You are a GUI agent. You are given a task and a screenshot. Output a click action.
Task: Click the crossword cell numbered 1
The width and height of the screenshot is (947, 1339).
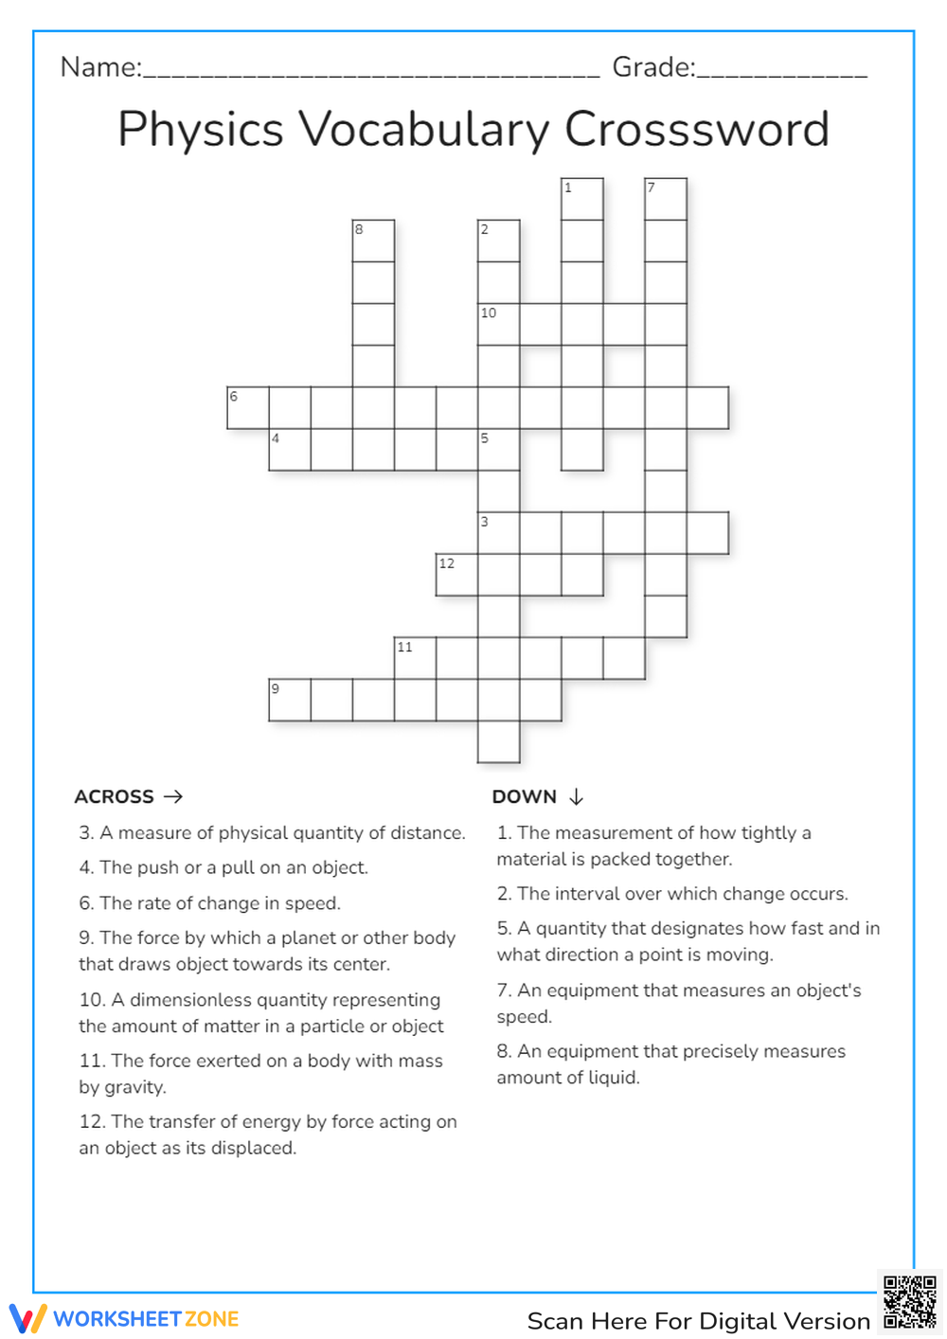coord(582,199)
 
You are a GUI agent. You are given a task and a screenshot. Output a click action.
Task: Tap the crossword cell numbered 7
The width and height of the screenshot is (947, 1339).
coord(666,199)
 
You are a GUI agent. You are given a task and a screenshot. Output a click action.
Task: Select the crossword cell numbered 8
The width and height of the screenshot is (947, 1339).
coord(373,241)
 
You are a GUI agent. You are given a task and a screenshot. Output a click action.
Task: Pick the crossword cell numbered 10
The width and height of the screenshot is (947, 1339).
coord(499,324)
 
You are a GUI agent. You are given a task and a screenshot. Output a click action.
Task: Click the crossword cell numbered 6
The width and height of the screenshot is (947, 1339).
coord(248,407)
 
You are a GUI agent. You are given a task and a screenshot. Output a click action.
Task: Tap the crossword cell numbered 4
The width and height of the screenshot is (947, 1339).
coord(290,449)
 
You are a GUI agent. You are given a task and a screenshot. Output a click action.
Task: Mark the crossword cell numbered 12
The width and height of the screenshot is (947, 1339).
coord(456,575)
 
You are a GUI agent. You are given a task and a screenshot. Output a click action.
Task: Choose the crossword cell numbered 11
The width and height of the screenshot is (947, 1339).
coord(415,658)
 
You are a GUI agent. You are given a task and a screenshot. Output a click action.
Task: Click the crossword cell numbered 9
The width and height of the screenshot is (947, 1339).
coord(290,700)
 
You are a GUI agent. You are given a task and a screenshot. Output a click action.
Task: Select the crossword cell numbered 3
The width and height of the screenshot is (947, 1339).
coord(499,533)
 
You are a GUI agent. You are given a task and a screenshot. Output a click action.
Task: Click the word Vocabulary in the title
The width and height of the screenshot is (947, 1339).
coord(424,131)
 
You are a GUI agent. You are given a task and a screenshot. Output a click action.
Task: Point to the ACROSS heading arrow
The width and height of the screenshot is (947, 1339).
coord(173,796)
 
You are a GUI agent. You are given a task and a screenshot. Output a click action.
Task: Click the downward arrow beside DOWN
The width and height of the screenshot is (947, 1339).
coord(576,796)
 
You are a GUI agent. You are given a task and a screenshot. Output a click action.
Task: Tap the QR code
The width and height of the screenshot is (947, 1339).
coord(909,1302)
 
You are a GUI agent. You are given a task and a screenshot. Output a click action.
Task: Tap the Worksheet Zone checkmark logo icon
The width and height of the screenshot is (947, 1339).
coord(27,1318)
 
